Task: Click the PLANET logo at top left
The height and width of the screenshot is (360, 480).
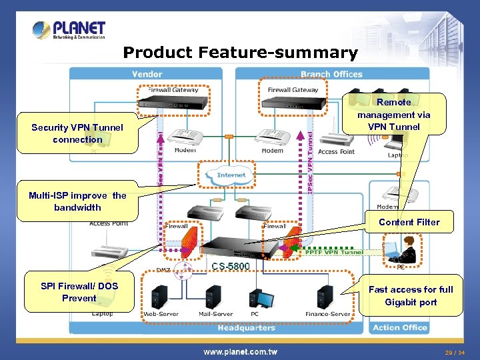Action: coord(69,30)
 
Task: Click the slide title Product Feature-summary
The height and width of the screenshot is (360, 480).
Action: coord(240,53)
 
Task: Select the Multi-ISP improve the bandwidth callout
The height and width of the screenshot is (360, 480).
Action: coord(77,201)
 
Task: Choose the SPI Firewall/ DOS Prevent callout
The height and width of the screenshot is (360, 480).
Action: coord(79,292)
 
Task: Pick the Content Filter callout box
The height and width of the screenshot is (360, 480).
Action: coord(409,222)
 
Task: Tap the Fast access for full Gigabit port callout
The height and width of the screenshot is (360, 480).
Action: coord(411,295)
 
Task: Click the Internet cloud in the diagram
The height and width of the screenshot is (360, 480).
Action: coord(231,175)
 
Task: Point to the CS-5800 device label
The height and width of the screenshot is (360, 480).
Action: coord(231,267)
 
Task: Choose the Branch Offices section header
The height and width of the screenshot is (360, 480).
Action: coord(331,75)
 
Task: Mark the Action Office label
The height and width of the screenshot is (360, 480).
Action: coord(400,327)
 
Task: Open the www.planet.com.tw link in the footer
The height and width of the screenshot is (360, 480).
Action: coord(240,351)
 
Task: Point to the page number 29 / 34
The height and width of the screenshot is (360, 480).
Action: coord(455,352)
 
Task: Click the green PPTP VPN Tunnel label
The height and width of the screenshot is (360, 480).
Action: coord(334,252)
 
